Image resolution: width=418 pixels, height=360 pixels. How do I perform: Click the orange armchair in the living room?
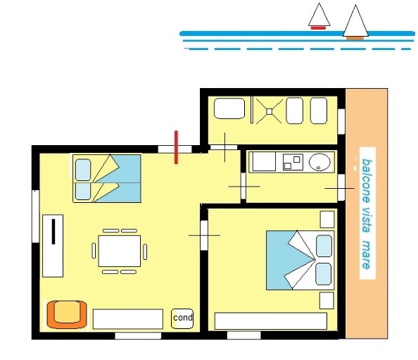[67, 314]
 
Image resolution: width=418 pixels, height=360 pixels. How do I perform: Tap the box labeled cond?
[182, 318]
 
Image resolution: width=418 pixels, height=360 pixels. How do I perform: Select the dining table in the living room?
[120, 251]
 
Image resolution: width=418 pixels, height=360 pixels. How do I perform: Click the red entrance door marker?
[176, 147]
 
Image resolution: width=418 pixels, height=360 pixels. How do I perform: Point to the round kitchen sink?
[319, 162]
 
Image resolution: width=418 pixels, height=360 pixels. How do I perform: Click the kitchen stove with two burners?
[293, 162]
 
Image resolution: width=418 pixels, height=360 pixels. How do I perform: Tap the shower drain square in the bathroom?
[270, 111]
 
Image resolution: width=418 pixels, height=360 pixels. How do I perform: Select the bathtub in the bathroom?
[229, 108]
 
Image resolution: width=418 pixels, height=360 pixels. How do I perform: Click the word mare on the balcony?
[367, 254]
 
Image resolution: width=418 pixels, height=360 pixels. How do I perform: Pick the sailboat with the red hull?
[319, 16]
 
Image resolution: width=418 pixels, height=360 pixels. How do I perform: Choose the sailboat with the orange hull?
[355, 23]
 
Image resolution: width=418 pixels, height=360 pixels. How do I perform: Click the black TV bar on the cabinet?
[53, 232]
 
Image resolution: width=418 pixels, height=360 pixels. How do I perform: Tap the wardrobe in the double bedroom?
[271, 321]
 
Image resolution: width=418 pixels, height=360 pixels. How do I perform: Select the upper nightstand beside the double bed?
[327, 219]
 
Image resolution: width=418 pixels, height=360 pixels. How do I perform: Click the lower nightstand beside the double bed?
[327, 301]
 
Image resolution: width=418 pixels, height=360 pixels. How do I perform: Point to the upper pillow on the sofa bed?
[83, 170]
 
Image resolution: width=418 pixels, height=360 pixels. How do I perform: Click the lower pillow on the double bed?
[324, 274]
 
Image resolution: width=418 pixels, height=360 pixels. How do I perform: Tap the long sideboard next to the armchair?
[128, 319]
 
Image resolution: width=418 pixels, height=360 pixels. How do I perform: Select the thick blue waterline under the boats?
[297, 34]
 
